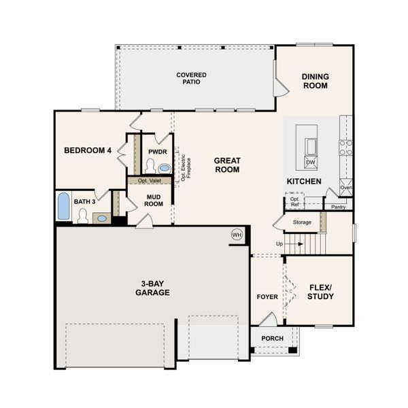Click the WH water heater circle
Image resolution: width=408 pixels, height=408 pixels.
(x=237, y=235)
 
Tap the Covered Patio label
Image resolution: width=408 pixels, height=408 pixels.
(x=191, y=78)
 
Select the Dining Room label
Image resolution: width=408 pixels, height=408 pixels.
(x=315, y=82)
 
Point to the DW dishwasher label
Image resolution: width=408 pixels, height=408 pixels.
(x=310, y=163)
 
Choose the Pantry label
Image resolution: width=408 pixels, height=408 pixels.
(x=338, y=207)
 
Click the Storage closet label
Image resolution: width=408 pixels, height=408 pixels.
(x=302, y=222)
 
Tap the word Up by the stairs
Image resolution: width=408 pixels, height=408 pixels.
(x=279, y=243)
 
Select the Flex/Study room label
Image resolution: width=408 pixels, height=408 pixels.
(x=320, y=292)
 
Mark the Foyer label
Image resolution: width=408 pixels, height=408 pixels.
(x=267, y=297)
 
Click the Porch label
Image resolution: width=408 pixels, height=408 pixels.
(x=272, y=338)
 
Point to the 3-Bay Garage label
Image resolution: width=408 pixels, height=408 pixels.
(x=152, y=288)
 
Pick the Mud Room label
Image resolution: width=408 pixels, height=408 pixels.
(x=154, y=200)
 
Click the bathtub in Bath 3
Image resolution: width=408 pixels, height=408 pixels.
(x=63, y=206)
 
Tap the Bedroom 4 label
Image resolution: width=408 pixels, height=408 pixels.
(x=88, y=150)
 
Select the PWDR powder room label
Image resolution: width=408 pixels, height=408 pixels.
(x=158, y=151)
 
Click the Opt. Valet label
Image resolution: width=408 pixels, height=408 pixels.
(x=149, y=181)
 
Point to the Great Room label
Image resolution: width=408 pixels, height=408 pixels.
(x=227, y=165)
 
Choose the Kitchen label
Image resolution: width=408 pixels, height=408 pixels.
(x=303, y=182)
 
